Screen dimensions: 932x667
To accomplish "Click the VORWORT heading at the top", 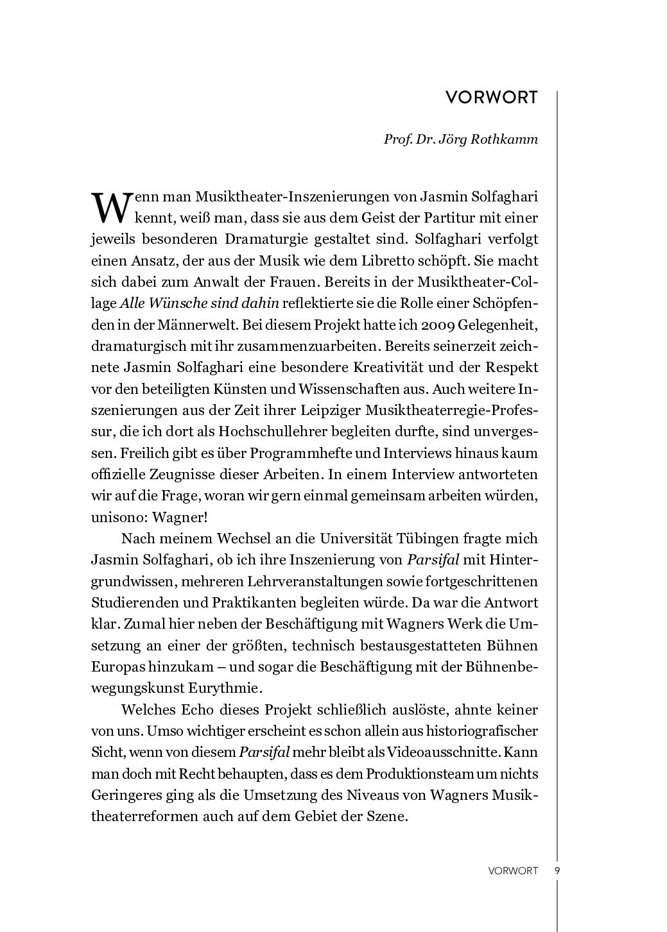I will coord(491,97).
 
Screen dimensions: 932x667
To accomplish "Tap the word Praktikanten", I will coord(250,603).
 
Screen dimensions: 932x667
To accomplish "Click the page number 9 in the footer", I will coord(557,871).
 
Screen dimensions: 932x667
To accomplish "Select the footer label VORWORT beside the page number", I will coord(512,871).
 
